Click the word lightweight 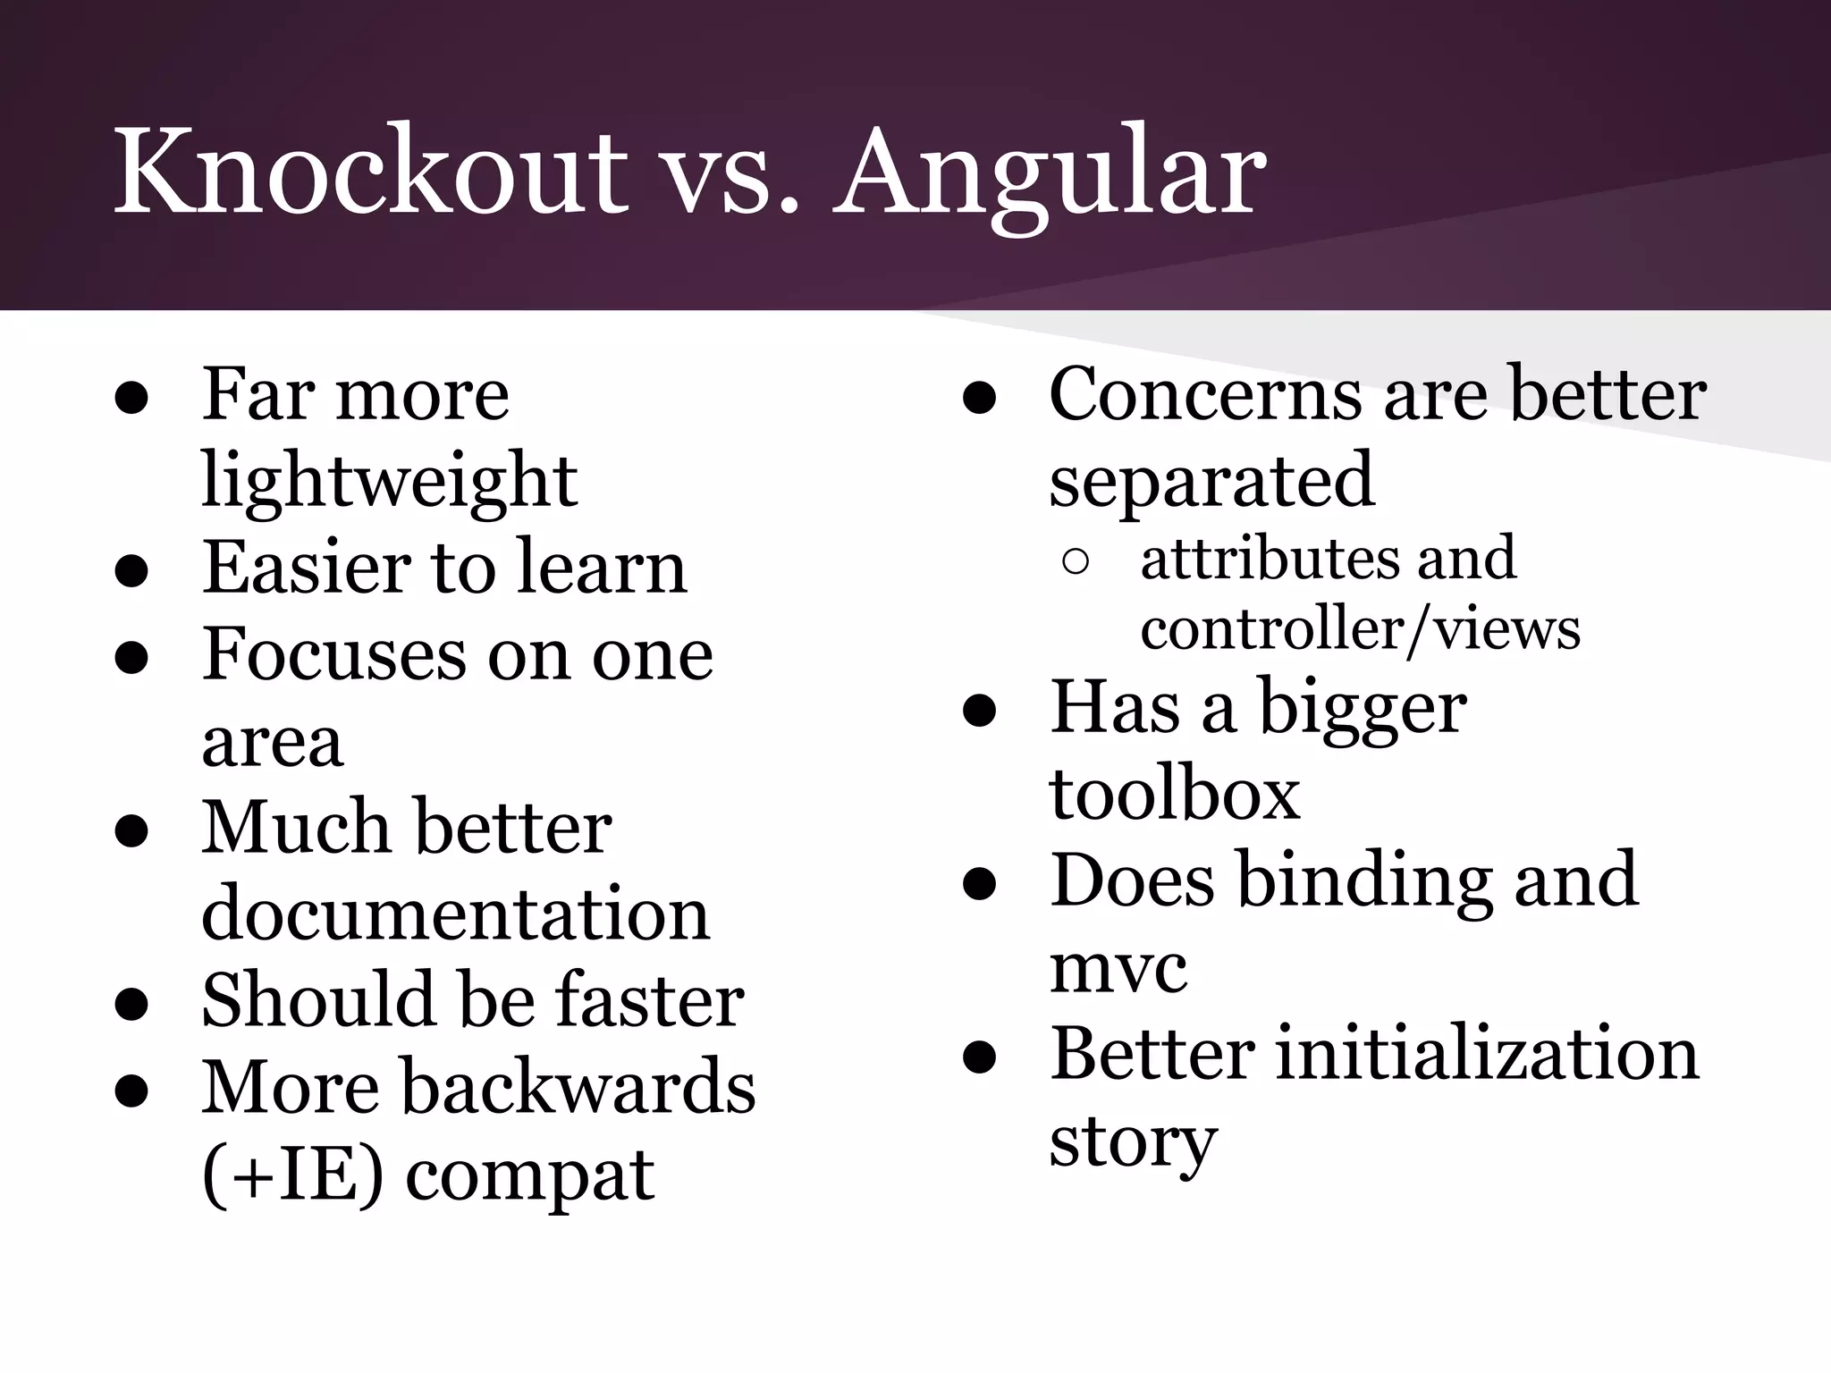(x=389, y=481)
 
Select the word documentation (x=455, y=914)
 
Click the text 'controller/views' (x=1360, y=628)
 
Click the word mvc (x=1118, y=969)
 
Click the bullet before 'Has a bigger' (x=980, y=712)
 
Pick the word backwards (x=579, y=1087)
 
